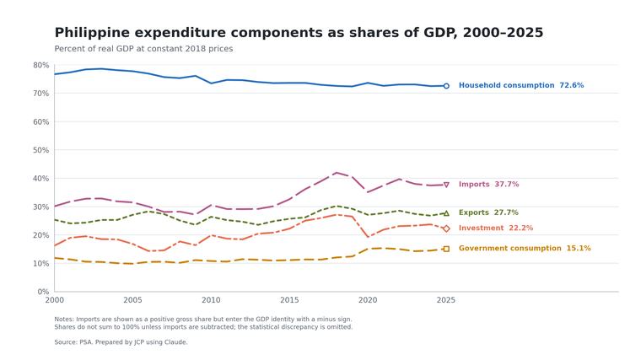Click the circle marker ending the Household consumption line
pos(446,86)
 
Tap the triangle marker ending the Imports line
pos(446,185)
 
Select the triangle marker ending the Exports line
pos(446,213)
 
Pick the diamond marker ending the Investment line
pos(446,228)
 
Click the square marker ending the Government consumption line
pos(446,249)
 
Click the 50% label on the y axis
pos(40,150)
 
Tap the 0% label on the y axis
pos(43,292)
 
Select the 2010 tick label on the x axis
pos(211,300)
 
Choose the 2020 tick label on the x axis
pos(368,300)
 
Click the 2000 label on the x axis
pos(54,300)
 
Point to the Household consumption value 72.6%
pos(572,85)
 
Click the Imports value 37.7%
pos(507,185)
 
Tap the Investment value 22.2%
pos(521,228)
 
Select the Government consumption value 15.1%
pos(579,248)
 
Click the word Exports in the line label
pos(474,212)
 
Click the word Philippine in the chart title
pos(92,33)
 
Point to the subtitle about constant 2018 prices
pos(143,49)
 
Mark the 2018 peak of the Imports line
pos(336,173)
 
